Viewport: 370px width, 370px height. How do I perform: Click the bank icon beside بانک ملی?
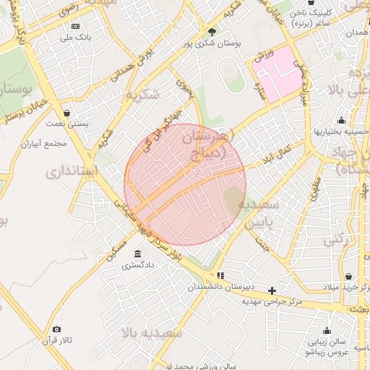[x=75, y=26]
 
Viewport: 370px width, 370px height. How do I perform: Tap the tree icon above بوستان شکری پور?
[x=211, y=32]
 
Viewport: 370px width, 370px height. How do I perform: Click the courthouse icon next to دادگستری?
[x=137, y=254]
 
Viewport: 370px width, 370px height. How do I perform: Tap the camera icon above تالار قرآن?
[x=57, y=330]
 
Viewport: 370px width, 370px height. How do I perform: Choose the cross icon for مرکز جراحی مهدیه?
[x=272, y=291]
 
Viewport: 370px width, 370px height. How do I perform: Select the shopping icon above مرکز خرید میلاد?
[x=349, y=277]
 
